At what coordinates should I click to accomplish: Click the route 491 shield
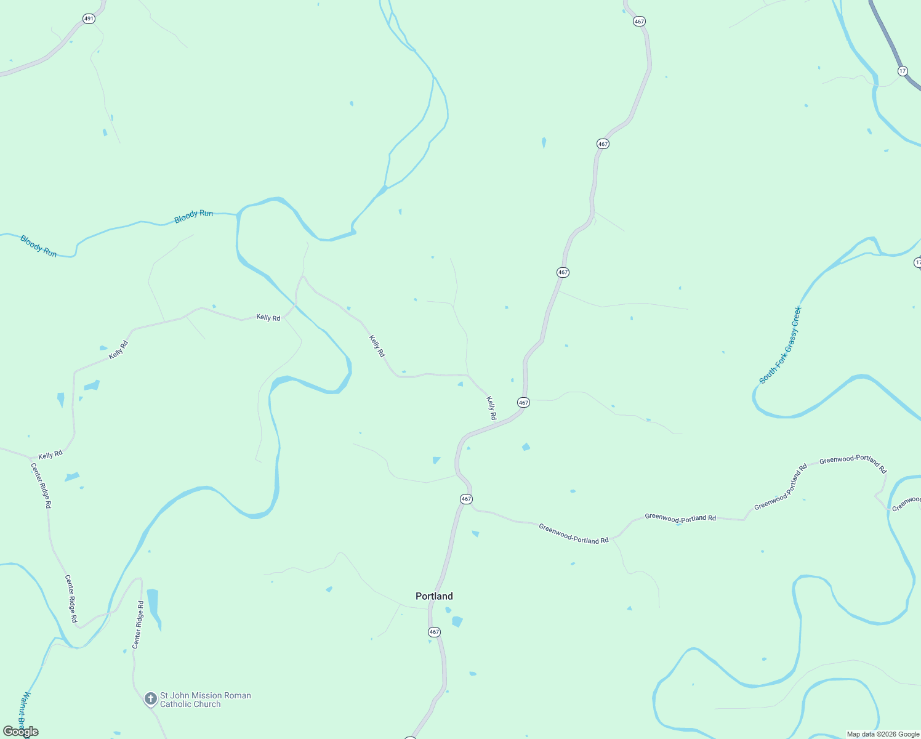point(89,19)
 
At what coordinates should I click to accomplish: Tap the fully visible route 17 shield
point(903,71)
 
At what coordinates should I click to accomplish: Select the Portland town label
point(434,596)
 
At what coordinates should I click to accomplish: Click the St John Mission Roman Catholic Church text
point(205,700)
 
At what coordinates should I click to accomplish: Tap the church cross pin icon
point(150,699)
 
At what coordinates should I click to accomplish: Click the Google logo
point(20,732)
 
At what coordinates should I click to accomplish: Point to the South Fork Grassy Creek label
point(781,345)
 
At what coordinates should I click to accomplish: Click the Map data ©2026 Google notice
point(883,734)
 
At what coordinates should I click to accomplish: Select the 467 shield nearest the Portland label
point(434,632)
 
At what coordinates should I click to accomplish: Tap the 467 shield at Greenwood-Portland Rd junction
point(466,499)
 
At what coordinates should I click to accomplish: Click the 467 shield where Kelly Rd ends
point(523,403)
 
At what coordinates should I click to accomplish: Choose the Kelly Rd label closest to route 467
point(491,408)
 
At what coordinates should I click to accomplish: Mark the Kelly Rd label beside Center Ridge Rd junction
point(50,455)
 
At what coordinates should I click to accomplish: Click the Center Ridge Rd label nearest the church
point(137,624)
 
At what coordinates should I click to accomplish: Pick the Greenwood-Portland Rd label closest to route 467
point(573,533)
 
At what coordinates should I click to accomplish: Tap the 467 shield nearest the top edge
point(639,22)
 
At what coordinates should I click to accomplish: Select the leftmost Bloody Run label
point(38,246)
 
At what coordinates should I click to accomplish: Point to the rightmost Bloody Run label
point(193,217)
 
